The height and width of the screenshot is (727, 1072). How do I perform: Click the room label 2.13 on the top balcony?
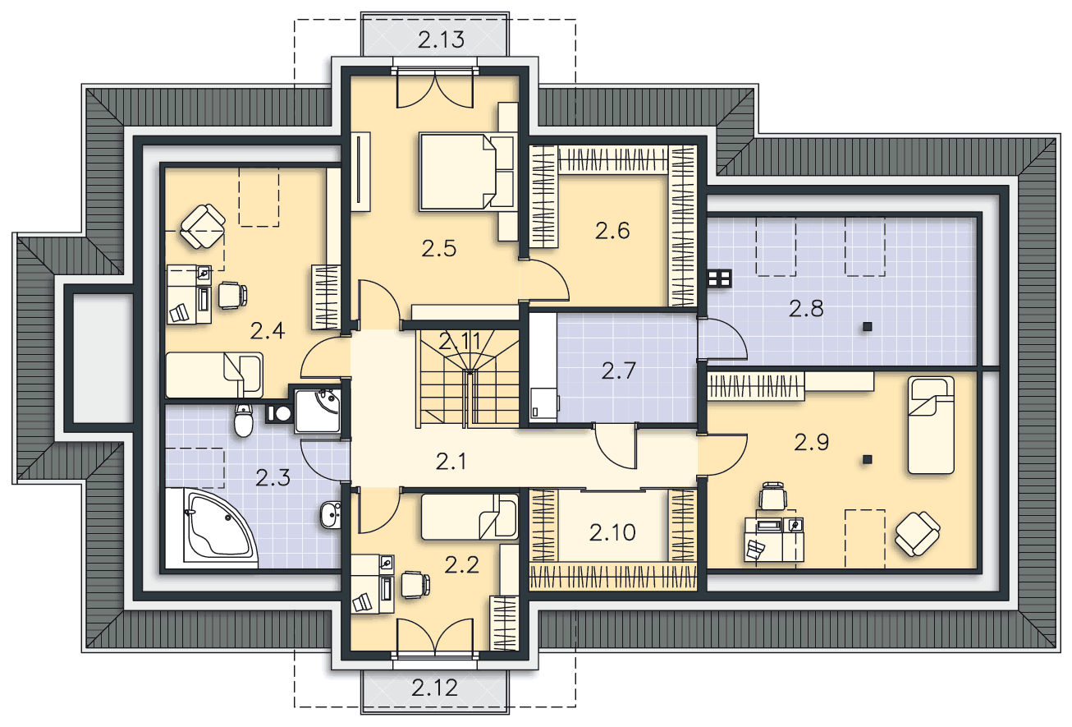click(441, 39)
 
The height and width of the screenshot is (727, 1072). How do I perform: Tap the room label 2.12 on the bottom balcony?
click(434, 688)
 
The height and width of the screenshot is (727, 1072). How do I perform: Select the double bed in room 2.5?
click(466, 172)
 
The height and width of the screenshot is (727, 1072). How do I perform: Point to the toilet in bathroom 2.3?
click(244, 421)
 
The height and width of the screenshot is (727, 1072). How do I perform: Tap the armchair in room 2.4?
click(203, 227)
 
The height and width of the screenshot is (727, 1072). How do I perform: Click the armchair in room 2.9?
click(917, 533)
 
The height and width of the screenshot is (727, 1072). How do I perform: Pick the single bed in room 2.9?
click(932, 425)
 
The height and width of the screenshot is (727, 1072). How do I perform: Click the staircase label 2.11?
click(460, 342)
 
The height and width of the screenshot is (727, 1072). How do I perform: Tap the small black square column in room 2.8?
click(867, 327)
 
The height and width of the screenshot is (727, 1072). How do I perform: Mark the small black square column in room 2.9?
click(867, 460)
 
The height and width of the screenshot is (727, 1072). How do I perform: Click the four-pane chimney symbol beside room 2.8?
click(719, 278)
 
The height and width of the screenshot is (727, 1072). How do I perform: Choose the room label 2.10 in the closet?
click(612, 532)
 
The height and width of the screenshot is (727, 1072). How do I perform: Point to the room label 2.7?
click(618, 370)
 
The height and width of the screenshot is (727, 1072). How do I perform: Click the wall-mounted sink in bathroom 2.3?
click(331, 515)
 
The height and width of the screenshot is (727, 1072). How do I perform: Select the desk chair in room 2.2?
click(415, 585)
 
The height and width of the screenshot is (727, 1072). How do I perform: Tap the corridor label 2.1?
click(451, 462)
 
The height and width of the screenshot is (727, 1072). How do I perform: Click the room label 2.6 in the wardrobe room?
click(612, 231)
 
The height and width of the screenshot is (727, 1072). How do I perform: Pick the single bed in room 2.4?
click(214, 375)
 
